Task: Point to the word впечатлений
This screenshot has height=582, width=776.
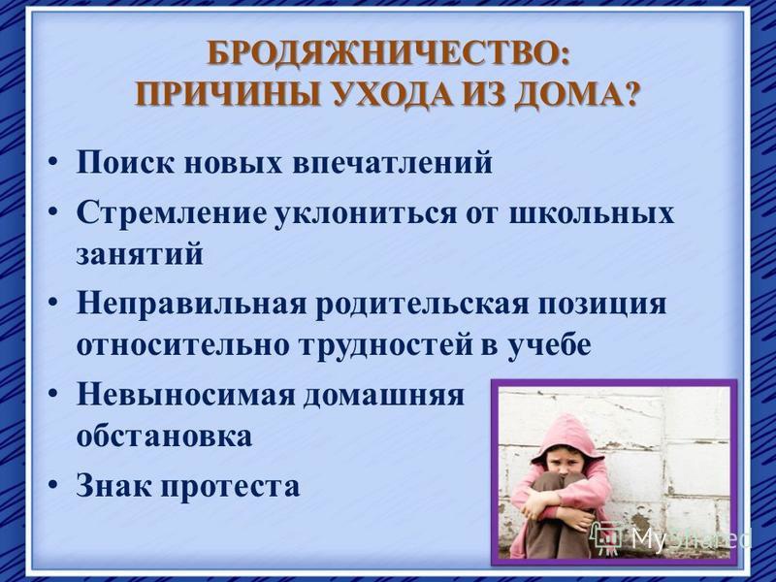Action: [x=393, y=162]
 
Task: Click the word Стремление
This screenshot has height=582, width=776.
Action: [x=171, y=213]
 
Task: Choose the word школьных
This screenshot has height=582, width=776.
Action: [x=592, y=213]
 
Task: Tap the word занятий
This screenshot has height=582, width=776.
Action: [x=140, y=254]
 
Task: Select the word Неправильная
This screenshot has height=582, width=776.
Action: [x=191, y=304]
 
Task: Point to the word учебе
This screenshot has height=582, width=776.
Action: [x=550, y=345]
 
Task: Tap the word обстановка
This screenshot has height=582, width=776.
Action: [x=164, y=436]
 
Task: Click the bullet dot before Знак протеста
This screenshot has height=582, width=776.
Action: [x=54, y=487]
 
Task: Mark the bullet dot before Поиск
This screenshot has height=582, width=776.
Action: [x=54, y=163]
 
